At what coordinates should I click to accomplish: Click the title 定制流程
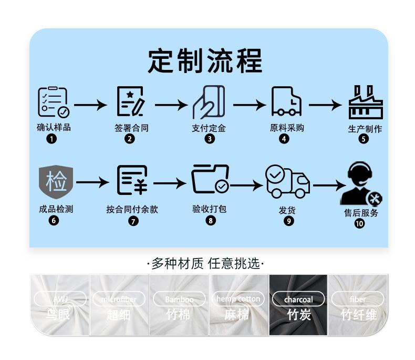[205, 61]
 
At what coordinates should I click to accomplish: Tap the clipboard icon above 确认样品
[53, 102]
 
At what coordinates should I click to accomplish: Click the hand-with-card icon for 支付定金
[209, 101]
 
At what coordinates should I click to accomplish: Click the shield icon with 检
[56, 181]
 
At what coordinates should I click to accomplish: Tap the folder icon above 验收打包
[210, 179]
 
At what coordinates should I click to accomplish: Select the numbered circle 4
[284, 139]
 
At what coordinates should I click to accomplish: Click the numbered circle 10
[359, 224]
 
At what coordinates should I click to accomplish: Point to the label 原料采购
[287, 128]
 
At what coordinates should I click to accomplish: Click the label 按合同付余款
[132, 209]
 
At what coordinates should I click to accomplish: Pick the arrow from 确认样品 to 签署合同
[90, 105]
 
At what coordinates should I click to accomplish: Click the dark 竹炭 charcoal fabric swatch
[298, 305]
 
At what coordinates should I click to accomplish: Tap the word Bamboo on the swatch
[179, 300]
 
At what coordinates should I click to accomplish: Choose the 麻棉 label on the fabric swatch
[238, 315]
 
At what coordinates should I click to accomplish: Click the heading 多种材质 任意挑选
[206, 263]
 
